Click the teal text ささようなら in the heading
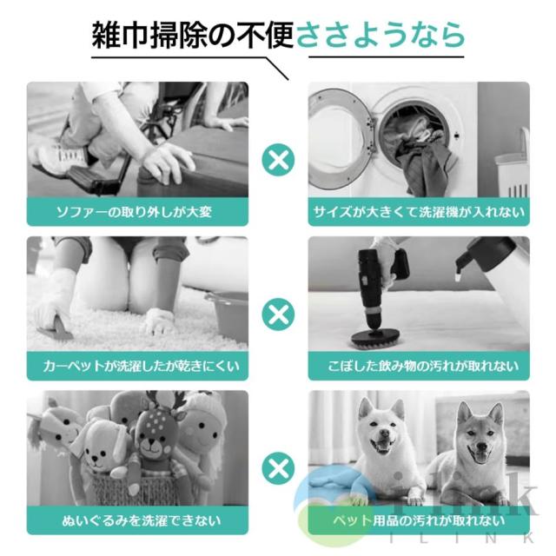coord(380,35)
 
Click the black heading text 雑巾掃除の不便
coord(193,35)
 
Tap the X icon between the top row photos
coord(278,160)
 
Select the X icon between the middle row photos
coord(278,314)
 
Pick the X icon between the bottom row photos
coord(278,468)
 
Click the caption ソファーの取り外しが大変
coord(134,212)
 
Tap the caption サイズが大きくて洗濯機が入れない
coord(419,212)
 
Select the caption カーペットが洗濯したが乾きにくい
coord(141,366)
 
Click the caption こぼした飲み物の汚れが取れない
coord(423,366)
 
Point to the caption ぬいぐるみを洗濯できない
coord(141,520)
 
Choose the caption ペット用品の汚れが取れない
coord(419,520)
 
